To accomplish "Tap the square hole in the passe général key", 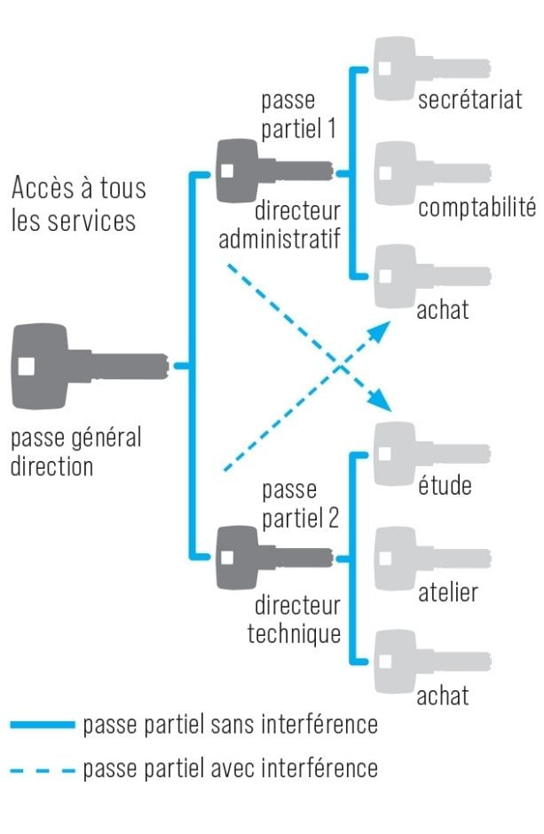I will [27, 365].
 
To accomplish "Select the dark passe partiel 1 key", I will [271, 168].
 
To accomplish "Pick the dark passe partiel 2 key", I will [271, 557].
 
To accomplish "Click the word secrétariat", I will [470, 99].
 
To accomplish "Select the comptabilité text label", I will [477, 208].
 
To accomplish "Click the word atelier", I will [448, 592].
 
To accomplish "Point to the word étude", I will [445, 487].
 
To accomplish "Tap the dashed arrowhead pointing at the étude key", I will [382, 401].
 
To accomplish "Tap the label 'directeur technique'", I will [296, 620].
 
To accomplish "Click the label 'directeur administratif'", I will [280, 226].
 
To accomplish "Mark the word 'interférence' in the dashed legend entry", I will [327, 768].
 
